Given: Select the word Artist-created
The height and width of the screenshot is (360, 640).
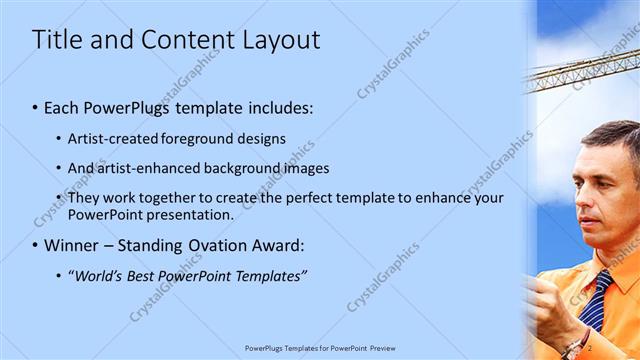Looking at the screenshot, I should point(115,138).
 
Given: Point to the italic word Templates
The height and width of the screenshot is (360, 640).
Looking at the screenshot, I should point(269,275).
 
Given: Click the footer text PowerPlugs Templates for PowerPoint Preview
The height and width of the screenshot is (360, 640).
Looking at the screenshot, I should point(319,347).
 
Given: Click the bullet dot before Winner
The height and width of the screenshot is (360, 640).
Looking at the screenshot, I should point(36,245).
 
